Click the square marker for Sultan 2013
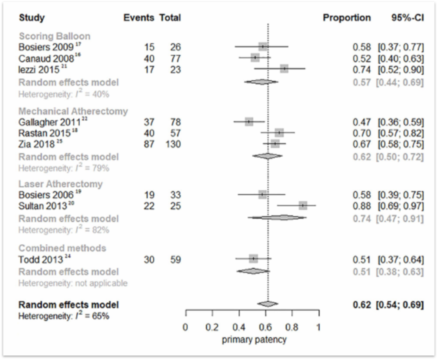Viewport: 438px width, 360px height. coord(303,205)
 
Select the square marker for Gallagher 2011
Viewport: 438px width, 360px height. coord(249,122)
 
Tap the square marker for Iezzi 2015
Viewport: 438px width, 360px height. coord(284,69)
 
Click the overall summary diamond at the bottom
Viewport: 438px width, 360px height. coord(268,304)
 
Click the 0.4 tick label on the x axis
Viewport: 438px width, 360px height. coord(239,327)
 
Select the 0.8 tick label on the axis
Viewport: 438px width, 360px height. coord(292,327)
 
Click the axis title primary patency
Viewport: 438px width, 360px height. coord(254,340)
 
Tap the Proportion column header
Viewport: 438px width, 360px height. coord(347,18)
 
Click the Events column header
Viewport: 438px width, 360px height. coord(139,18)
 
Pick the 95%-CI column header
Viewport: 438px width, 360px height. coord(406,18)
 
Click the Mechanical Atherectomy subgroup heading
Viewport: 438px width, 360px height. coord(73,111)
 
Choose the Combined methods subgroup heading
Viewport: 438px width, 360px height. coord(62,248)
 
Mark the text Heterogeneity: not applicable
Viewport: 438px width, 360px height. coord(72,283)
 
